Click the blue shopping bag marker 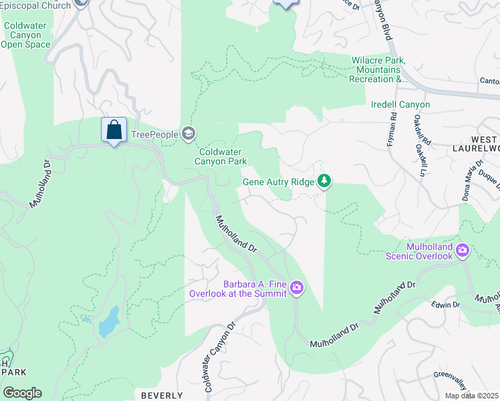(x=114, y=130)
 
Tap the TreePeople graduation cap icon (x=189, y=134)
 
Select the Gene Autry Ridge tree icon (x=324, y=181)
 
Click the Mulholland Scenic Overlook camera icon (x=462, y=251)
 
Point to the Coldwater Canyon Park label (x=221, y=156)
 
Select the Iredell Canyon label (x=400, y=105)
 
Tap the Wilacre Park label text (x=378, y=70)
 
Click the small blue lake (x=108, y=322)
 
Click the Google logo (x=22, y=393)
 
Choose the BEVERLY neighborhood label (x=162, y=395)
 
